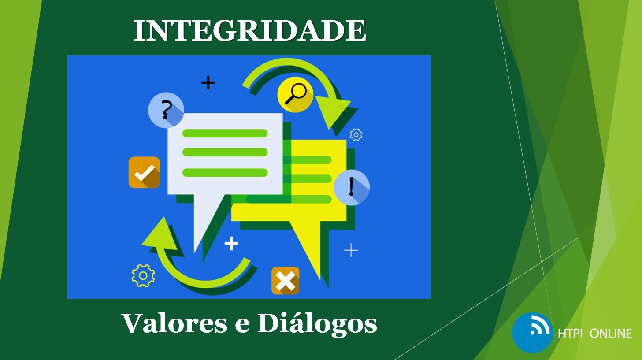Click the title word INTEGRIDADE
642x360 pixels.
(250, 30)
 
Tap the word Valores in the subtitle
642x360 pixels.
(174, 323)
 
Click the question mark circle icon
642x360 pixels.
(166, 110)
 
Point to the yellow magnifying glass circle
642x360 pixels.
(296, 95)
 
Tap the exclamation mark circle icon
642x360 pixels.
(352, 187)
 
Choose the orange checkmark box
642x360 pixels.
(144, 172)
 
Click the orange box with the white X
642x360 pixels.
(286, 281)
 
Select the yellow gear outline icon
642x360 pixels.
(143, 276)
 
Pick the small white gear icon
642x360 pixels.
(356, 135)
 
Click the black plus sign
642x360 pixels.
(208, 83)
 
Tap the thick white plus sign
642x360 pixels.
(231, 244)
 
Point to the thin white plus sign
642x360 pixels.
(351, 251)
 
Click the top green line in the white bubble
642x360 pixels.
(225, 133)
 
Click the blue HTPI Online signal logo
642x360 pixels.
(532, 333)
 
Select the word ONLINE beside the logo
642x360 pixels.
(611, 334)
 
